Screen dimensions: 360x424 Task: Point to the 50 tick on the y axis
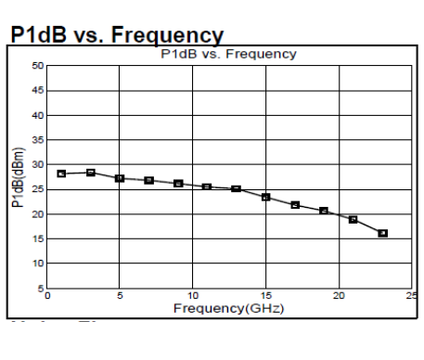pos(37,66)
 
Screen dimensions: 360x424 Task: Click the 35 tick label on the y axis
pos(37,140)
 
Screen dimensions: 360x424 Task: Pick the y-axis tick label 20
pos(37,214)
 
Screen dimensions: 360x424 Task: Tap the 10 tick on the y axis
pos(37,264)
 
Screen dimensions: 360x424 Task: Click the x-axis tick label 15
pos(266,296)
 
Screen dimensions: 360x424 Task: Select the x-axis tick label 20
pos(340,296)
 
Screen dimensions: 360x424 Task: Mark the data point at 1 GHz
pos(61,174)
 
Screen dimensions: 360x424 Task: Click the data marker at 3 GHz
pos(90,173)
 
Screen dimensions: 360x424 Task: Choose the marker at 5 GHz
pos(120,178)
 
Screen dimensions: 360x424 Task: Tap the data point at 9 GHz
pos(178,184)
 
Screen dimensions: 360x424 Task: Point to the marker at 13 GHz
pos(237,188)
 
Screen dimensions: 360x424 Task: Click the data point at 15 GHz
pos(265,197)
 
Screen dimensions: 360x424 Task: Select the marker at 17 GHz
pos(295,205)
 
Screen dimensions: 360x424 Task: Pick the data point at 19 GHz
pos(324,211)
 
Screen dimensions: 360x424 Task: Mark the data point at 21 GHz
pos(353,219)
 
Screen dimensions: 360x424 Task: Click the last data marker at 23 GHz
pos(382,233)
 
